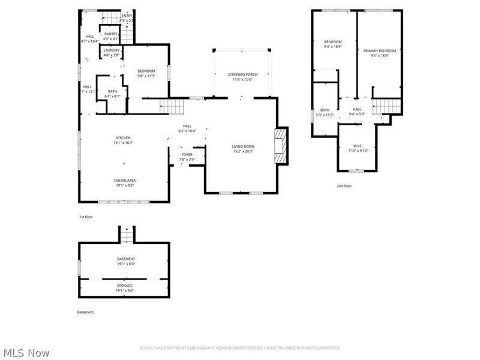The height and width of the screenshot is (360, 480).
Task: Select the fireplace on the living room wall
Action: (281, 145)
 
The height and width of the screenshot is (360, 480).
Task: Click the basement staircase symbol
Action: (126, 235)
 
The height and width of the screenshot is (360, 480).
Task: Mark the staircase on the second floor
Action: (386, 106)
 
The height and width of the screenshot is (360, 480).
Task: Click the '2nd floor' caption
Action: (344, 186)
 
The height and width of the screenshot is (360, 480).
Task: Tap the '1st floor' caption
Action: (86, 217)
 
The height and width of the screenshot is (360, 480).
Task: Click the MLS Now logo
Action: (26, 353)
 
